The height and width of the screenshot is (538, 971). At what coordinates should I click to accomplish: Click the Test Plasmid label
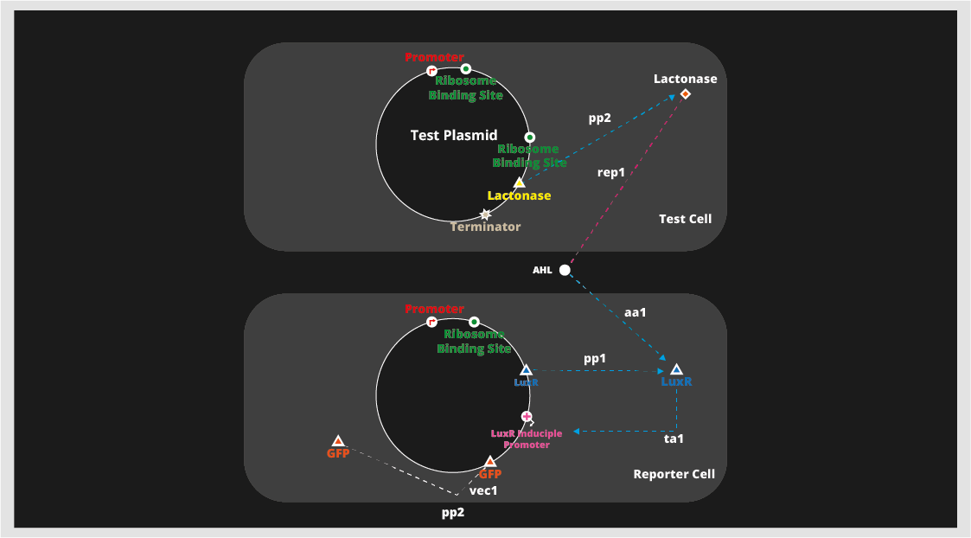pyautogui.click(x=454, y=135)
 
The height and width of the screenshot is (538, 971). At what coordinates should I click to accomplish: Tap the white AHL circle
pyautogui.click(x=565, y=270)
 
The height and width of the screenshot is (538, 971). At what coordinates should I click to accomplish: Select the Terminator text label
pyautogui.click(x=485, y=227)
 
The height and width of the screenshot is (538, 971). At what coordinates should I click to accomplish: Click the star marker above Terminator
pyautogui.click(x=485, y=214)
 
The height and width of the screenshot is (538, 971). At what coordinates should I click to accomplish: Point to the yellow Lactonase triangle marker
pyautogui.click(x=519, y=183)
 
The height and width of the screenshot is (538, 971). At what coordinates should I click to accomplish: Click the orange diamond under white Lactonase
pyautogui.click(x=685, y=93)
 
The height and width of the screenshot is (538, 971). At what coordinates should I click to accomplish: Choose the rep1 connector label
pyautogui.click(x=611, y=172)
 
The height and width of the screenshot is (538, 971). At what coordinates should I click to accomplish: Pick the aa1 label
pyautogui.click(x=636, y=312)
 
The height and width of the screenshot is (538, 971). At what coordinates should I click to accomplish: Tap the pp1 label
pyautogui.click(x=594, y=357)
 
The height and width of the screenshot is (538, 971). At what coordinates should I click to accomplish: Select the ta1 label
pyautogui.click(x=674, y=439)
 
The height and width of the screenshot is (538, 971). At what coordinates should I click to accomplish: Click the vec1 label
pyautogui.click(x=483, y=490)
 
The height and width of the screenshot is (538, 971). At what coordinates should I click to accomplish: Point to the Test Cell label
pyautogui.click(x=685, y=219)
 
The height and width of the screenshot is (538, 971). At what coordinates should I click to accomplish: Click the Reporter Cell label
pyautogui.click(x=674, y=474)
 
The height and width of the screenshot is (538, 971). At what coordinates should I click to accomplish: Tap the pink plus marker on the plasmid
pyautogui.click(x=526, y=417)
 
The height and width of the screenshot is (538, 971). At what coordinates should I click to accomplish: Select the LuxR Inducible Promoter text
pyautogui.click(x=527, y=439)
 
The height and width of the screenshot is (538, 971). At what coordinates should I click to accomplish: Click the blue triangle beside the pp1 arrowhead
pyautogui.click(x=676, y=369)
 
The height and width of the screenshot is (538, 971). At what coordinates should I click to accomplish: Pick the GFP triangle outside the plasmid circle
pyautogui.click(x=338, y=441)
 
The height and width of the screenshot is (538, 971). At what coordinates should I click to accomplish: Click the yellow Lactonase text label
pyautogui.click(x=519, y=195)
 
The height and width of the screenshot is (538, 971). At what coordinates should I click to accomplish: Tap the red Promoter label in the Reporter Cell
pyautogui.click(x=434, y=309)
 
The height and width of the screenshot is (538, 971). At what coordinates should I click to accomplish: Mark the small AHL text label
pyautogui.click(x=542, y=271)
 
